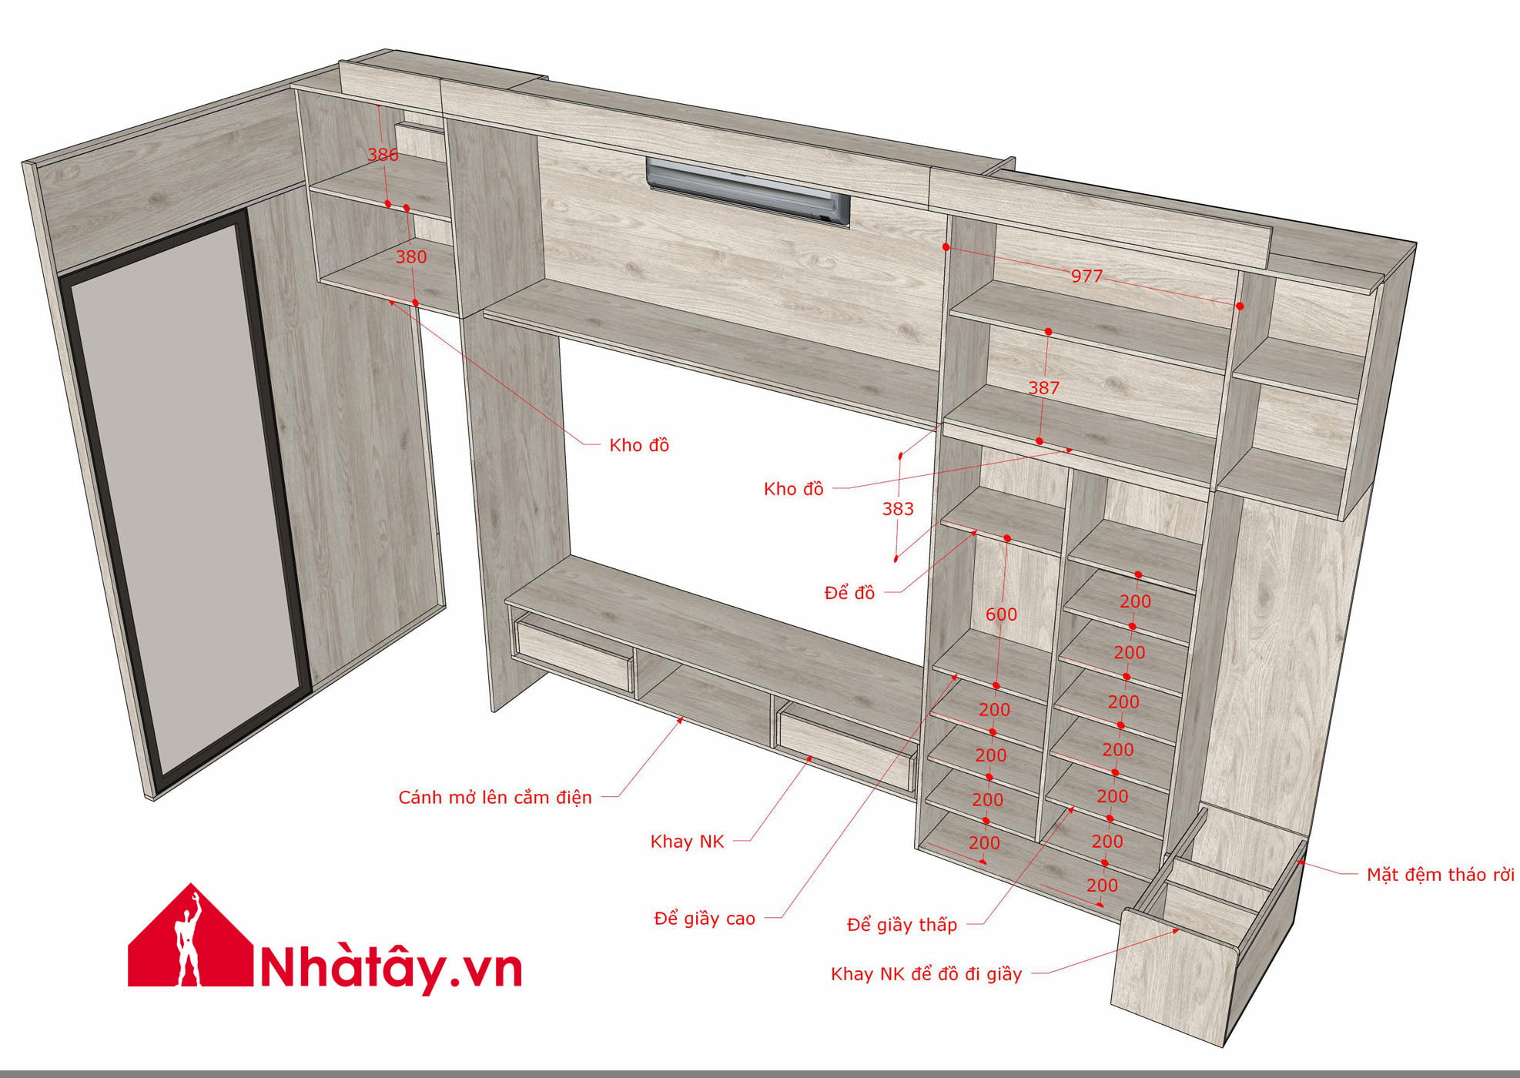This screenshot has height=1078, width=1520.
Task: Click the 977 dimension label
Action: pyautogui.click(x=1086, y=276)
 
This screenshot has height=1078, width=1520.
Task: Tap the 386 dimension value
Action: pyautogui.click(x=383, y=155)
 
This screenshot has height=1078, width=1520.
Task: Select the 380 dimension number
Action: pyautogui.click(x=411, y=257)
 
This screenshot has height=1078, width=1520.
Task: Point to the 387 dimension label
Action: pyautogui.click(x=1044, y=388)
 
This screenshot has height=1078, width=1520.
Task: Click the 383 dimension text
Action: pyautogui.click(x=898, y=509)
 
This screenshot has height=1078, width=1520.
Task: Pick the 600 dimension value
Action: pyautogui.click(x=1001, y=614)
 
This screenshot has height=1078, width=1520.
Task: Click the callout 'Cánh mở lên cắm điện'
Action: pyautogui.click(x=495, y=798)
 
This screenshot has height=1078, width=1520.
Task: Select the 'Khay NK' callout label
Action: pyautogui.click(x=687, y=842)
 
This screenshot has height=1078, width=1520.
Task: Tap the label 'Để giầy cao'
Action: pyautogui.click(x=705, y=918)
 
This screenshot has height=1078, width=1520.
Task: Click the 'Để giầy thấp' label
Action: pyautogui.click(x=902, y=925)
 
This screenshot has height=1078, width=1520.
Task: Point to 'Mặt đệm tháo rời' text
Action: pyautogui.click(x=1440, y=875)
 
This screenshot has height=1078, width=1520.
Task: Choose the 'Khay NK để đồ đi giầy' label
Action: pyautogui.click(x=926, y=974)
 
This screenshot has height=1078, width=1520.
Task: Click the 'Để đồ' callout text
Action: pyautogui.click(x=849, y=593)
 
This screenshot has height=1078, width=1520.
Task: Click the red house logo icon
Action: pyautogui.click(x=190, y=936)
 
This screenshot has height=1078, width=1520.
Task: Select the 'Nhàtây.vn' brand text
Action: pyautogui.click(x=392, y=968)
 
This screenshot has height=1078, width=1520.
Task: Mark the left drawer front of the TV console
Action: pyautogui.click(x=573, y=655)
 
